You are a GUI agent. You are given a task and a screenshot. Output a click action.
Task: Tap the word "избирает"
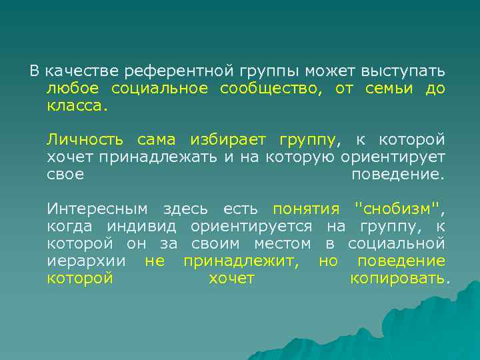(x=227, y=140)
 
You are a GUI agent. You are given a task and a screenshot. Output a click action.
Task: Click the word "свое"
(x=65, y=175)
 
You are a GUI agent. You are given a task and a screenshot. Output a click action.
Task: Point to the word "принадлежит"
(x=241, y=261)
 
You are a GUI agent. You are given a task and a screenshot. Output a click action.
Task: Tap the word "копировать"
(x=398, y=279)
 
